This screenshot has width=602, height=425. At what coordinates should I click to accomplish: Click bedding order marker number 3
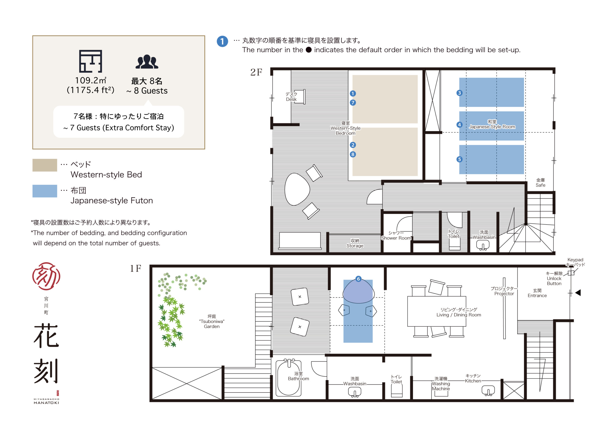click(x=459, y=93)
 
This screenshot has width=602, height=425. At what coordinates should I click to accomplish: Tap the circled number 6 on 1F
click(x=358, y=279)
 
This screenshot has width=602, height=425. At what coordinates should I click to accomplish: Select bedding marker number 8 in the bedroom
click(x=353, y=154)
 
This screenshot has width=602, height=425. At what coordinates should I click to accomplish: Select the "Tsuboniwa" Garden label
click(x=212, y=321)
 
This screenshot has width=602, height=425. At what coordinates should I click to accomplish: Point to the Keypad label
click(x=575, y=260)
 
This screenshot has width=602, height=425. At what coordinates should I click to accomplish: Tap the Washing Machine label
click(x=441, y=384)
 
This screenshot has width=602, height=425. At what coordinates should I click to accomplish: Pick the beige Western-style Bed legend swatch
click(x=45, y=165)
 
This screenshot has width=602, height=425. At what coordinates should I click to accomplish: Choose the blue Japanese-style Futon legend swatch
click(x=45, y=191)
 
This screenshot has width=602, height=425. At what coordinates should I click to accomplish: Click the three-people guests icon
click(x=147, y=62)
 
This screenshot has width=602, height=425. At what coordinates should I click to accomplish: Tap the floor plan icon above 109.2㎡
click(x=91, y=61)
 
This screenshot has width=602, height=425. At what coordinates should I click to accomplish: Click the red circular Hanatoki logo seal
click(x=46, y=276)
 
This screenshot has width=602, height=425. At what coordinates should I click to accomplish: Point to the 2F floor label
click(x=256, y=72)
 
